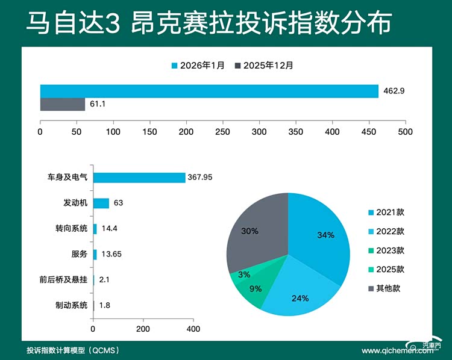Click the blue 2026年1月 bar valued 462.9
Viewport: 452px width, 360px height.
click(209, 91)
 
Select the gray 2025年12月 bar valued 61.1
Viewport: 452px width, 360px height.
click(63, 104)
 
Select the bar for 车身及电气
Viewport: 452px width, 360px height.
click(139, 178)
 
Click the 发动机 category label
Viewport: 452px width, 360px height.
click(75, 203)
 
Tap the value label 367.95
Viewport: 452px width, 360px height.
click(201, 178)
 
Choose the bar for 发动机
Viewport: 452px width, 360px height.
click(101, 203)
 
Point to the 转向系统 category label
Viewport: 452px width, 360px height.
click(71, 229)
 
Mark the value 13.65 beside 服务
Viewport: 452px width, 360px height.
click(111, 254)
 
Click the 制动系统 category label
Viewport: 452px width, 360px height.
click(71, 305)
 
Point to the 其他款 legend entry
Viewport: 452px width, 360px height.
click(386, 288)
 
